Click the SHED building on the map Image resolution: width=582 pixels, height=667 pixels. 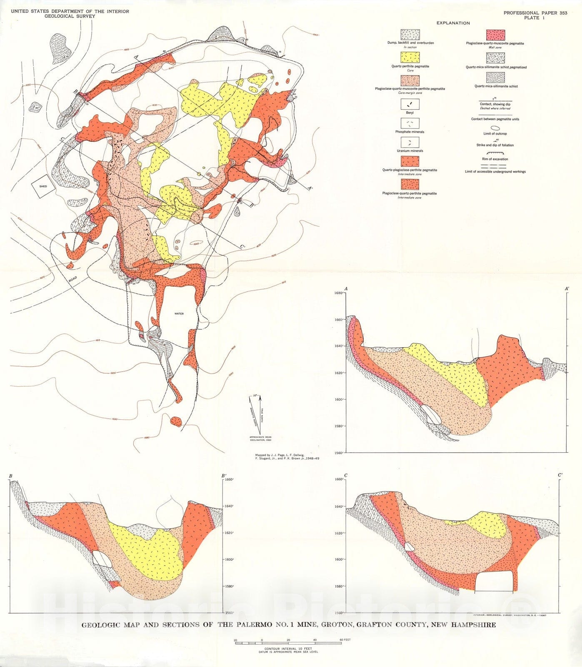coord(43,186)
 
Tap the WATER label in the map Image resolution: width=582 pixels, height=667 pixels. coord(179,313)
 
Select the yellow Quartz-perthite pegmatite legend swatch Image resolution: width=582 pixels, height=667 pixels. coord(410,58)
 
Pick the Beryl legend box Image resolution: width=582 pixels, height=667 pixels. coord(410,104)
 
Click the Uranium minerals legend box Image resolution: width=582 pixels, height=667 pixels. coord(410,143)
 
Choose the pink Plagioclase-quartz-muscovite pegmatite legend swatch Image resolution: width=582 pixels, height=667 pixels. coord(495,35)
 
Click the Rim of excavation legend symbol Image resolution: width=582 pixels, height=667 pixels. coord(495,153)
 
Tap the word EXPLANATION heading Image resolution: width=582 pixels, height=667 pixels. coord(453,23)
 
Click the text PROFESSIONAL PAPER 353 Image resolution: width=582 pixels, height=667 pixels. coord(535,13)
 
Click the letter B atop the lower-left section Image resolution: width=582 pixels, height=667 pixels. coord(10,476)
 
